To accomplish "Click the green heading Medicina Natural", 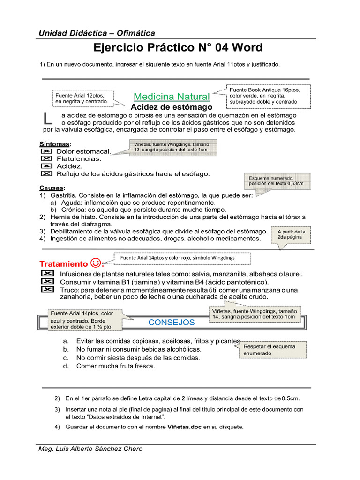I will coord(171,97).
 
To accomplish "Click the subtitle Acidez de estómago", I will coord(171,107).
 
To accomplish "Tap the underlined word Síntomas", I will coord(54,143).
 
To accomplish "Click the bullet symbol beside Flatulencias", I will coord(46,159).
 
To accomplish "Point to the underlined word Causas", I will coord(51,187).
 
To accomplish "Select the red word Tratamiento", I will coord(63,263).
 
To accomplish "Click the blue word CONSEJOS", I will coord(171,322).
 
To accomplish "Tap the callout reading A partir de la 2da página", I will coord(291,234).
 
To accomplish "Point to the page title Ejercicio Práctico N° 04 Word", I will coord(178,48).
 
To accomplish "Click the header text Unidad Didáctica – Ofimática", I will coord(97,33).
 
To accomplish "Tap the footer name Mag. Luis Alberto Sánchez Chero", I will coord(90,449).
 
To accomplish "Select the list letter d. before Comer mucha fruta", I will coord(66,366).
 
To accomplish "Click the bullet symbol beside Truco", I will coord(47,290).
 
